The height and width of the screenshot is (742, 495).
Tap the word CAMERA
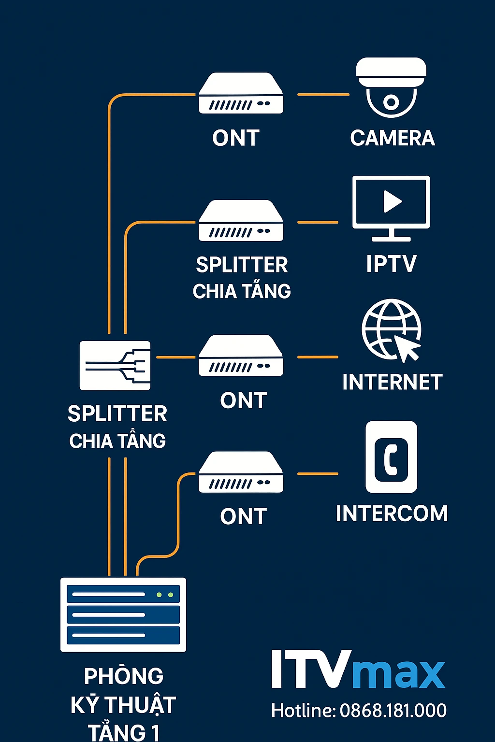point(392,138)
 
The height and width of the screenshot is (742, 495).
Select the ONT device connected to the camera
point(241,94)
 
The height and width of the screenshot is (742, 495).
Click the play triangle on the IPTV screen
point(392,201)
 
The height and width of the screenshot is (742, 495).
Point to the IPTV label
point(391,264)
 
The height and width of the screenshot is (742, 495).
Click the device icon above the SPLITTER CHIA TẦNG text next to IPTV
point(241,221)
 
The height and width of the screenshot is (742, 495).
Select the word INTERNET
point(392,382)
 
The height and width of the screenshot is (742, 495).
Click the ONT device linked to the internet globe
point(241,356)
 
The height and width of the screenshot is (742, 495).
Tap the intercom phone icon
point(391,457)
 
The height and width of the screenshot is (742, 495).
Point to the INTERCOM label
point(392,514)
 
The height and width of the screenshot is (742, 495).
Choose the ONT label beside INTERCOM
point(243,516)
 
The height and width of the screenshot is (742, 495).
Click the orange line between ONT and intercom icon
point(318,474)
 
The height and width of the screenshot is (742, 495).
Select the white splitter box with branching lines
point(115,366)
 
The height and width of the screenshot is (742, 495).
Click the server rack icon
point(123,614)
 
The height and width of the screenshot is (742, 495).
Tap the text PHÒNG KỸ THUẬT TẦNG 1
point(123,704)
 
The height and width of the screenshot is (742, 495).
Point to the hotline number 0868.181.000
point(393,711)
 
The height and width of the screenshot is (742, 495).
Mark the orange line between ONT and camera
point(323,95)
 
